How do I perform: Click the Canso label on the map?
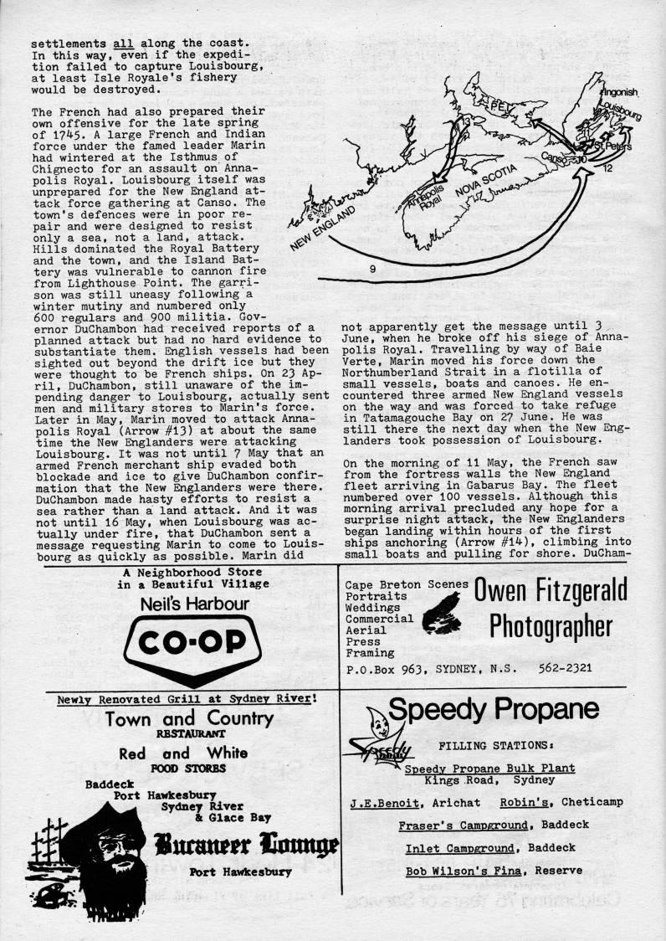click(x=555, y=157)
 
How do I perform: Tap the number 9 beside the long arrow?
click(x=371, y=269)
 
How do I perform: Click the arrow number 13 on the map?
click(x=466, y=122)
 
